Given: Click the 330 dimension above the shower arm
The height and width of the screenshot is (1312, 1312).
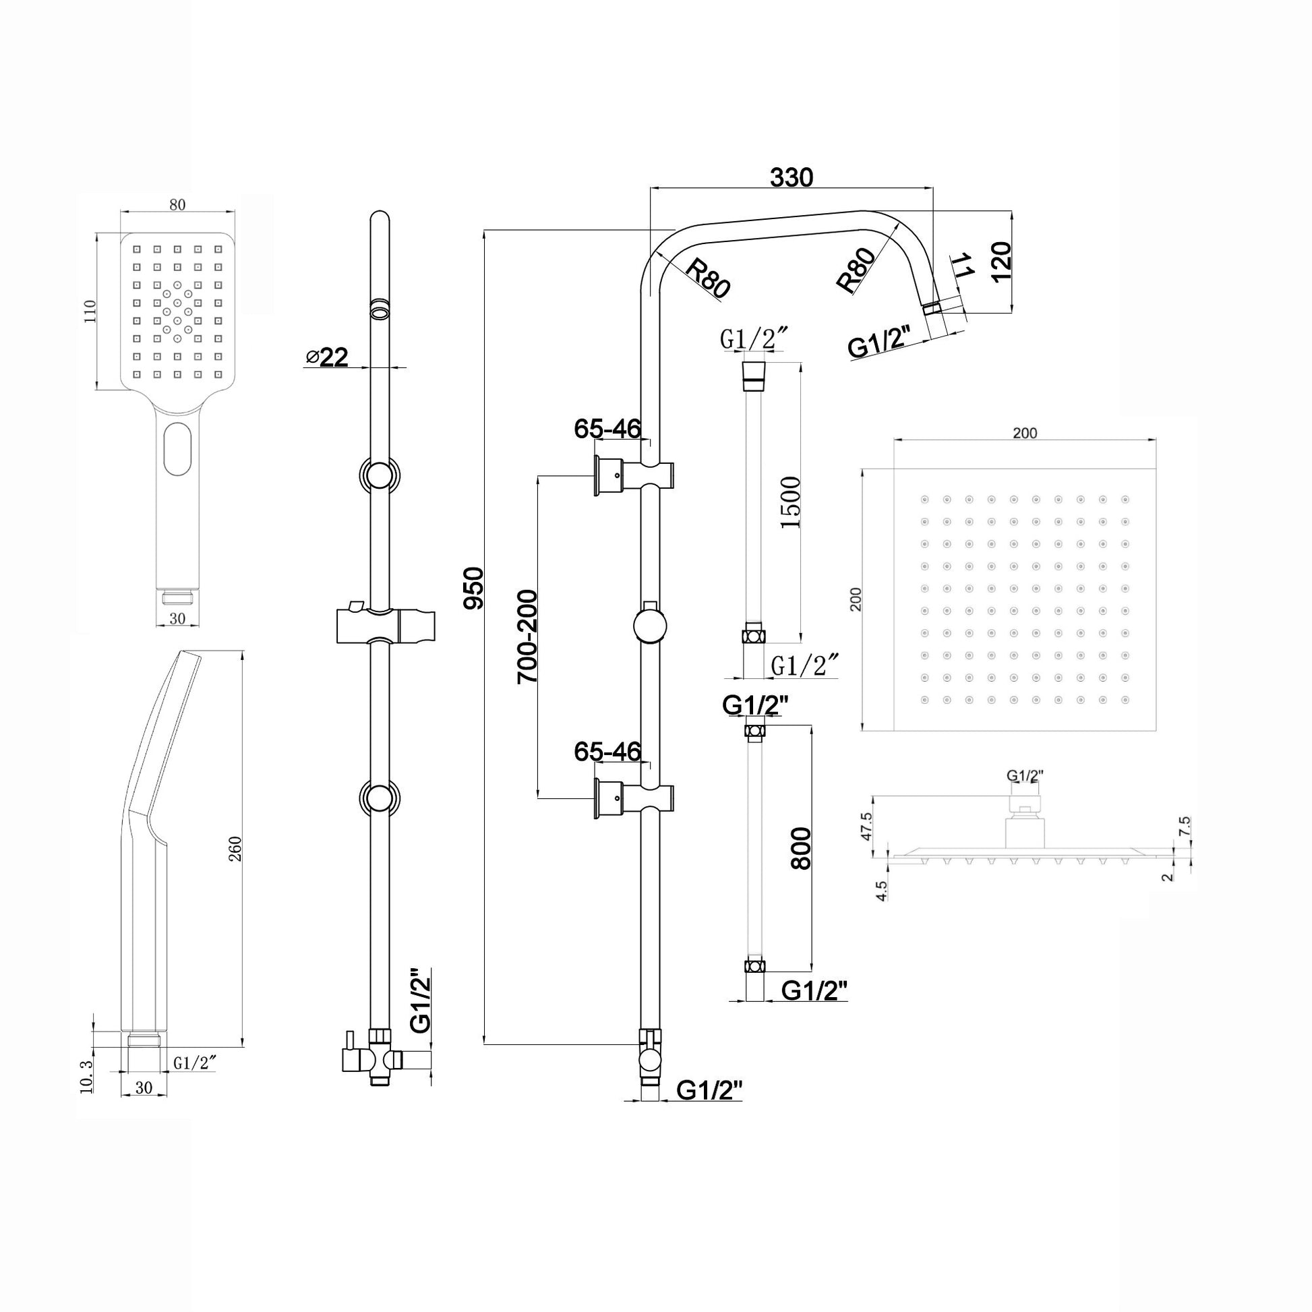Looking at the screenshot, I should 791,177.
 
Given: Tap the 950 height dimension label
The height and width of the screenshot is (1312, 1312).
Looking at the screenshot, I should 473,587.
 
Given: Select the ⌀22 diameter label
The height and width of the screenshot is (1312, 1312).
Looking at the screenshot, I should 326,357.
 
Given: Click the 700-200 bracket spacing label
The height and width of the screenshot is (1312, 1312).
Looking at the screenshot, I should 527,636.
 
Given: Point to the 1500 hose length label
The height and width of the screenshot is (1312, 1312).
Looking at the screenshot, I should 790,502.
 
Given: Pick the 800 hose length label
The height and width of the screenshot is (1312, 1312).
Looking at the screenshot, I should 802,848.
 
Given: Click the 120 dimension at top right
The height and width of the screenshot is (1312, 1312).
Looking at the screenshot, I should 1002,261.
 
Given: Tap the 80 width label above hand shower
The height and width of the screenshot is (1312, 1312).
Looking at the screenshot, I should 177,205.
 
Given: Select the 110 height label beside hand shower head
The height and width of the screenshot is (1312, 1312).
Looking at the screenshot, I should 90,311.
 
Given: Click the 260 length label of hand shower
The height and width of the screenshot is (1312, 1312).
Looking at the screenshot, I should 236,849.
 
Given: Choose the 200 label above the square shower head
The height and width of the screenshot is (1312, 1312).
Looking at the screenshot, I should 1025,434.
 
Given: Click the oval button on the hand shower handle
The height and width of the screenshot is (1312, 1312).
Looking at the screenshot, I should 178,449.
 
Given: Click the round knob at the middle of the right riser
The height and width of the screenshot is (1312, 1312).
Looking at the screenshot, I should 650,625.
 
